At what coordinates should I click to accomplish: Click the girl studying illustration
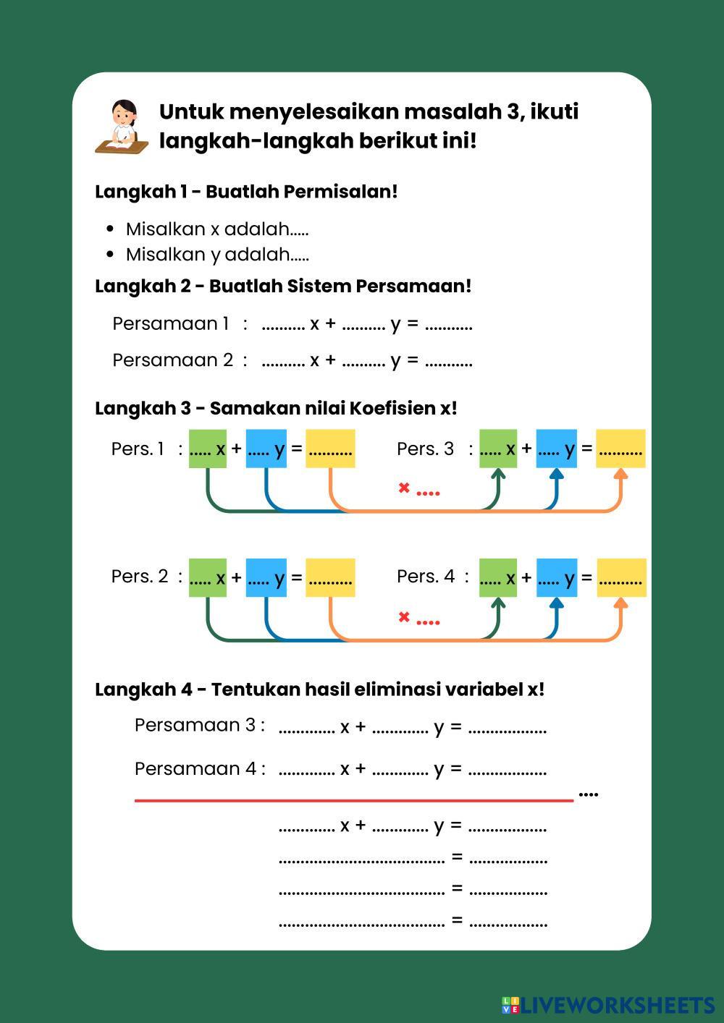(122, 127)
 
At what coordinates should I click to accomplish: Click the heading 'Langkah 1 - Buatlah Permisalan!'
(246, 192)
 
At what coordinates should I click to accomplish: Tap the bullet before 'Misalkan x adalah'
(110, 229)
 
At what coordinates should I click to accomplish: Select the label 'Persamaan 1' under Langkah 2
(170, 323)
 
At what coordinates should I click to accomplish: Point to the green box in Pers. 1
(208, 449)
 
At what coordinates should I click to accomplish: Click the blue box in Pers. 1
(266, 449)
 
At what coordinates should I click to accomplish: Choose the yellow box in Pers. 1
(330, 449)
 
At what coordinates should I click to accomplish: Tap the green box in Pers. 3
(498, 449)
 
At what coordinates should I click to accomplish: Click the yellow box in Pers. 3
(620, 449)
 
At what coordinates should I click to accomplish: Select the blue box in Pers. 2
(266, 578)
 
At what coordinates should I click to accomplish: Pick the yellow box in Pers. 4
(622, 578)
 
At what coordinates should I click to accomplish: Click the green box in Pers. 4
(498, 578)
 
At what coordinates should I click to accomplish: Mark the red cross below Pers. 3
(404, 488)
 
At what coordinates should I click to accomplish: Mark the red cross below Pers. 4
(404, 617)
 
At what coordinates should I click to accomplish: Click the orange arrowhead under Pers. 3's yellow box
(620, 474)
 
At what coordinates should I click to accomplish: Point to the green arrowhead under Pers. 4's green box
(498, 603)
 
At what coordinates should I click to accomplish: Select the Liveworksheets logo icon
(510, 1005)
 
